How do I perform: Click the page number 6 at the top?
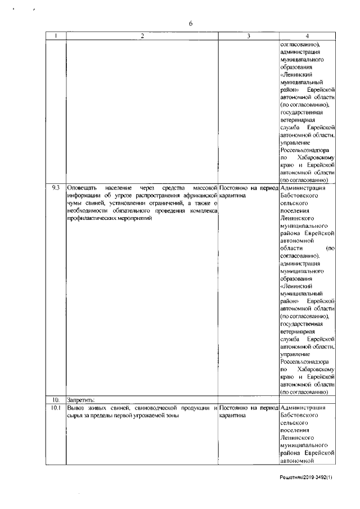pyautogui.click(x=190, y=23)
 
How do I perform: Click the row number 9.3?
pyautogui.click(x=55, y=187)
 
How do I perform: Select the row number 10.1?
pyautogui.click(x=55, y=407)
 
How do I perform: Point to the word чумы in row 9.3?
pyautogui.click(x=75, y=201)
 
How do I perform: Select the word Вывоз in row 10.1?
pyautogui.click(x=76, y=407)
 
